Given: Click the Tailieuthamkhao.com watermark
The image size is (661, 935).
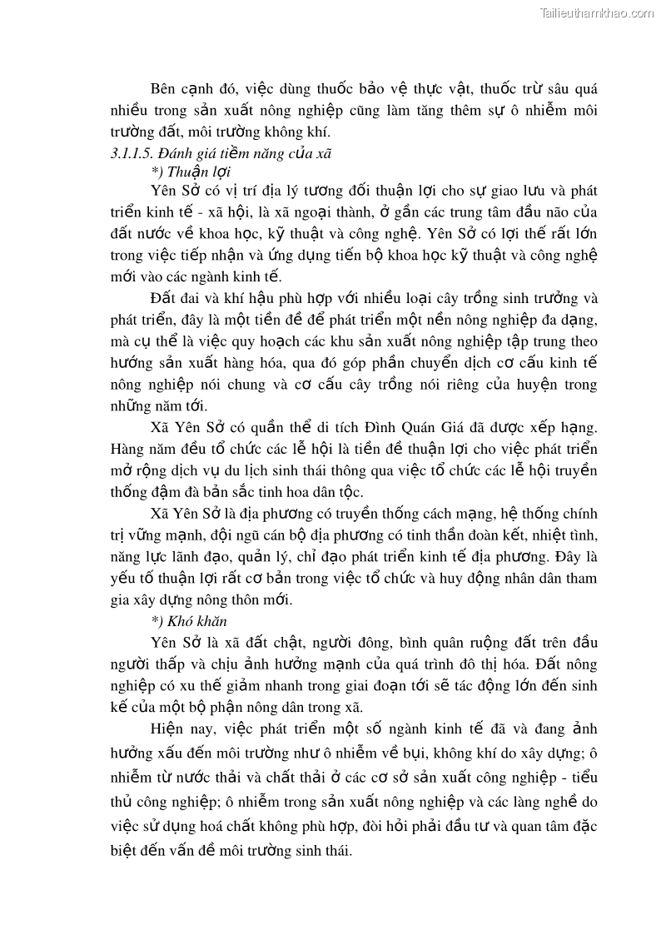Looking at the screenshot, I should tap(597, 12).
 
